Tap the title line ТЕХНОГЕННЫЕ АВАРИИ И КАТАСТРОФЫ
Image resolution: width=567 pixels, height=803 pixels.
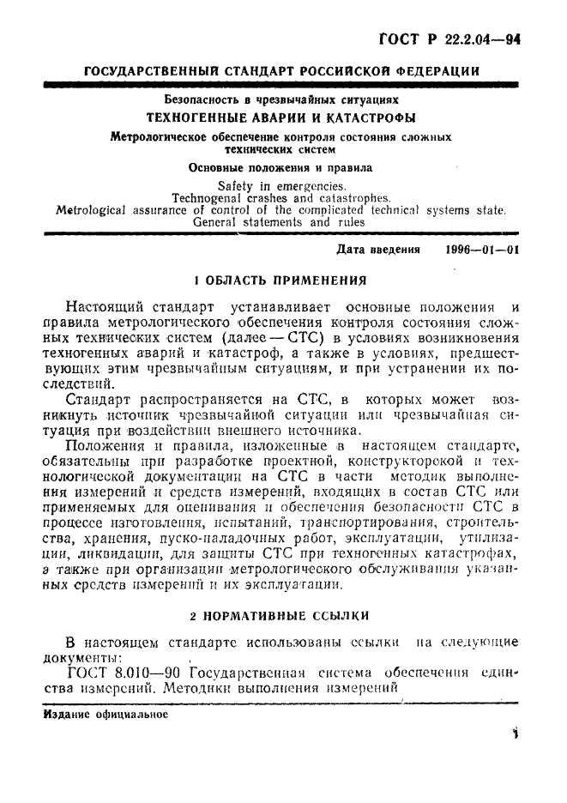[x=280, y=118]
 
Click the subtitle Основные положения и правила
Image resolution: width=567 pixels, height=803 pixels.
[x=280, y=168]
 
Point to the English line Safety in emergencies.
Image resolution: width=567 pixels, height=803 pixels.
[x=281, y=185]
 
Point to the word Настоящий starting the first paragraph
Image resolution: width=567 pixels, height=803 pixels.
[x=104, y=307]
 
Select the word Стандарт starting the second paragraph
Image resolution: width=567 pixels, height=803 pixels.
[x=101, y=400]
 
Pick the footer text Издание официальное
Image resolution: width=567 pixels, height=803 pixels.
[x=105, y=713]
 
